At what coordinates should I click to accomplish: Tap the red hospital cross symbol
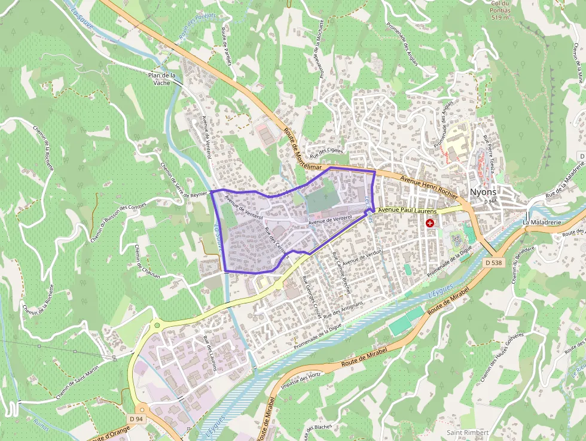pos(429,223)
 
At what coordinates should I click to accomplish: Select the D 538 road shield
pos(494,262)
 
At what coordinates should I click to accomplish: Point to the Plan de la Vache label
pos(162,79)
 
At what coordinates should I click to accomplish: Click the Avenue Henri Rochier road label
pos(429,187)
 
